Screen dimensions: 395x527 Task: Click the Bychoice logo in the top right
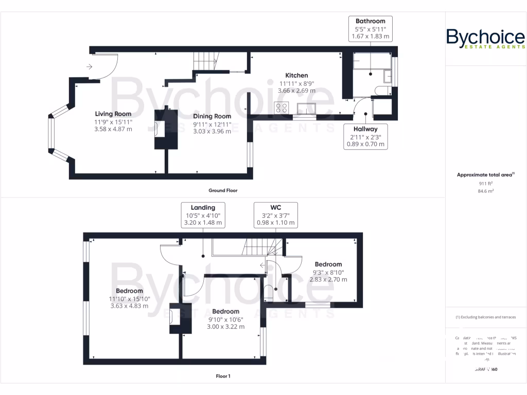click(485, 39)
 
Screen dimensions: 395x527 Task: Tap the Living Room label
click(113, 114)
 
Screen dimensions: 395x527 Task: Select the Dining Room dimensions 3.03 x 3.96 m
click(212, 131)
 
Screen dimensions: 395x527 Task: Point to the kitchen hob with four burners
click(282, 108)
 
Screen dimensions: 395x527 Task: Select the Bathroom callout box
click(370, 29)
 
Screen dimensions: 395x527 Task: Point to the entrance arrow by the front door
click(90, 66)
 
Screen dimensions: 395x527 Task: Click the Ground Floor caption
click(223, 190)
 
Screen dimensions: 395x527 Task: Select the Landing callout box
click(203, 215)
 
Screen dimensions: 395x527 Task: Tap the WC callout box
click(276, 215)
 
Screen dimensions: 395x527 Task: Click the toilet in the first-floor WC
click(268, 294)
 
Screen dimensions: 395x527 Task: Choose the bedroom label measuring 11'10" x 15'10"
click(129, 298)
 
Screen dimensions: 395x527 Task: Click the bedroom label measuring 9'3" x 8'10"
click(328, 272)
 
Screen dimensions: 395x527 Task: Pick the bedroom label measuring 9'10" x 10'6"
click(225, 319)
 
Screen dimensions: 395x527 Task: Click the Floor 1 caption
click(223, 376)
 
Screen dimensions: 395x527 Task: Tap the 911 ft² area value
click(485, 183)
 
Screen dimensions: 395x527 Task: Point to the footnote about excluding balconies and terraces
click(485, 317)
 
